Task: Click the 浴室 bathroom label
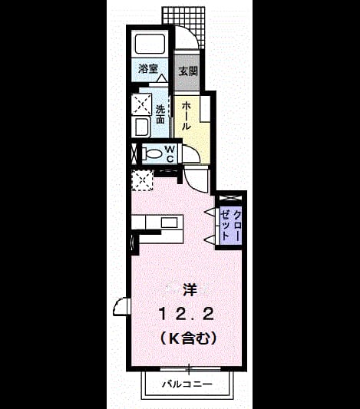click(148, 68)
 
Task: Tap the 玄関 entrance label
click(188, 71)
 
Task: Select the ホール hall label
click(187, 116)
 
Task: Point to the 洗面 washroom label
click(160, 114)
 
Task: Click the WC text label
click(170, 154)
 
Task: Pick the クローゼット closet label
click(230, 225)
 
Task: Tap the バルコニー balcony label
click(187, 384)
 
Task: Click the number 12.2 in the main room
click(187, 314)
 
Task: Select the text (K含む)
click(188, 338)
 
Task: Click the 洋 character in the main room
click(190, 290)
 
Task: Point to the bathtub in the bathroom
click(150, 44)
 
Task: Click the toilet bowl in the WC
click(151, 154)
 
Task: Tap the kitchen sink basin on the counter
click(170, 223)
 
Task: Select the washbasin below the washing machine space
click(141, 127)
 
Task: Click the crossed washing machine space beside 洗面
click(141, 104)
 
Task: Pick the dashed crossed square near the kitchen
click(142, 180)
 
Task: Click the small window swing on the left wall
click(121, 307)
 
